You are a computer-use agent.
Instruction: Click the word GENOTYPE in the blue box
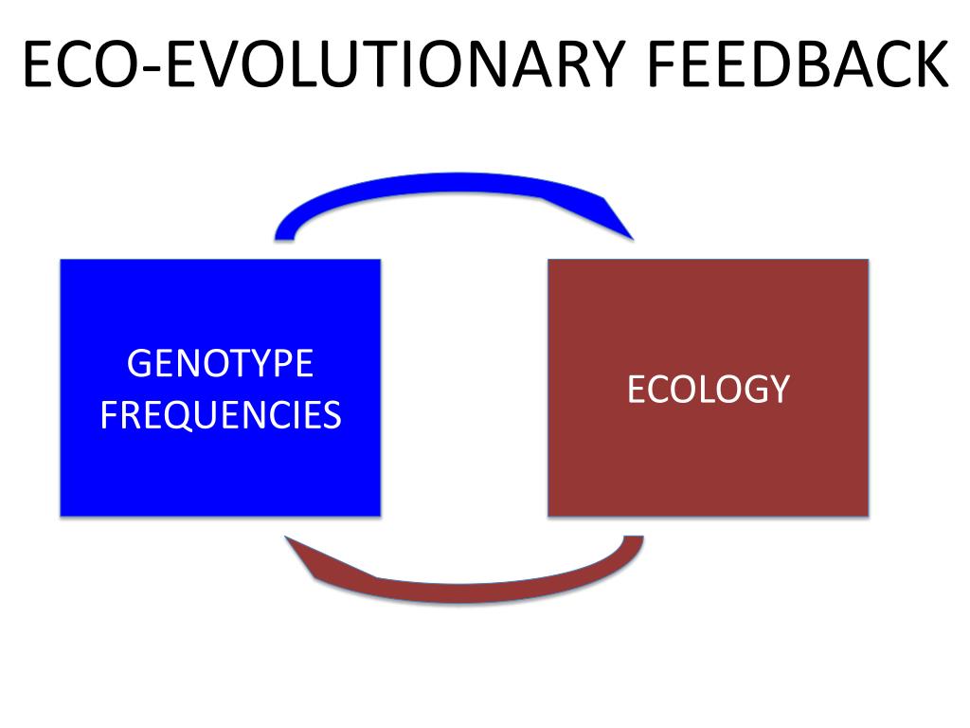click(220, 364)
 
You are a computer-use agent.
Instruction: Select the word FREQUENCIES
click(220, 415)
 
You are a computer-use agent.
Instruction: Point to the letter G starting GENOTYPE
click(139, 364)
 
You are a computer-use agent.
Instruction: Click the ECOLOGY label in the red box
click(708, 390)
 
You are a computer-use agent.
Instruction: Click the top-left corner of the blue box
click(61, 260)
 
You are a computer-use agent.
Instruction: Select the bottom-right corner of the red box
click(868, 515)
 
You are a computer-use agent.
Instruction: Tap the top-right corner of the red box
click(868, 260)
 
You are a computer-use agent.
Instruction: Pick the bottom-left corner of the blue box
click(61, 516)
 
